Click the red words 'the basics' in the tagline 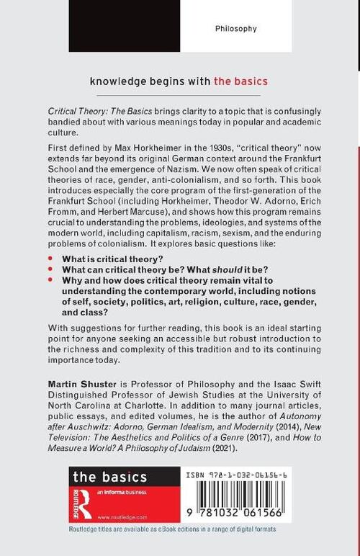(240, 80)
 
